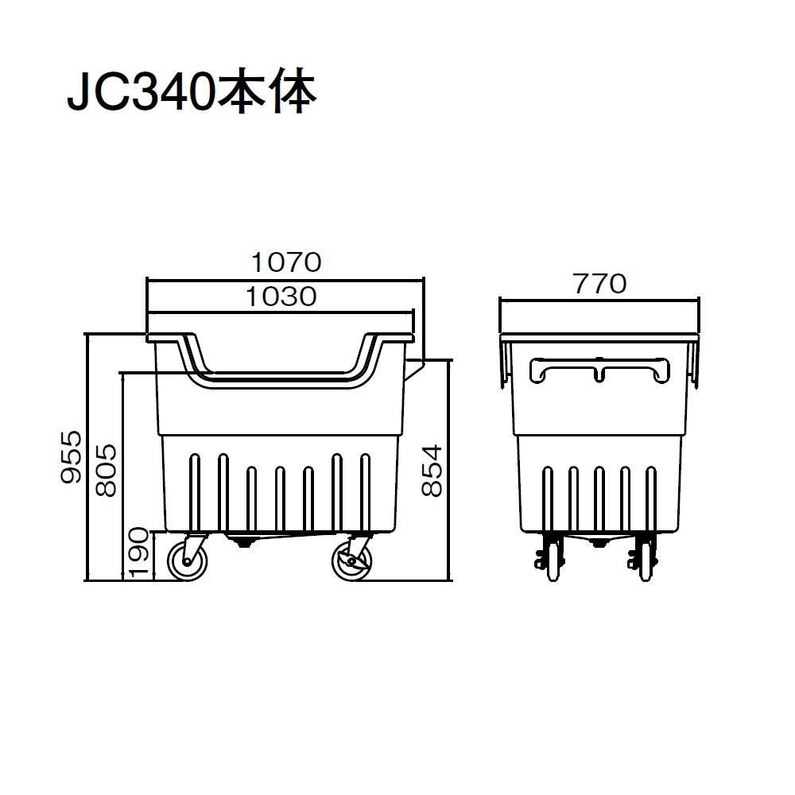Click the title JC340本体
click(191, 94)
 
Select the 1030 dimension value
click(281, 297)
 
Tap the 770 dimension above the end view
click(599, 283)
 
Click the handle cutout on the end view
click(599, 371)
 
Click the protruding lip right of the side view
click(414, 370)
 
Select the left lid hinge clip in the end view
click(504, 366)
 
